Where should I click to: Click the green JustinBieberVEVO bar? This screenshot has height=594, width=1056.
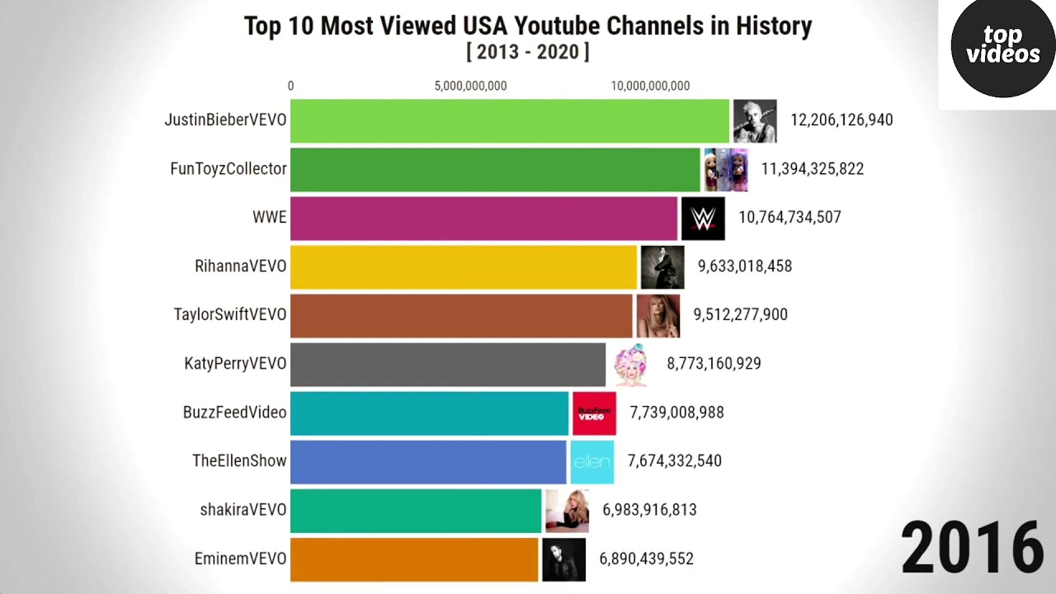510,120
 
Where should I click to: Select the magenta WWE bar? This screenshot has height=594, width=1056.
483,218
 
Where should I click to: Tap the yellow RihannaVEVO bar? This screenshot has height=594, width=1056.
464,266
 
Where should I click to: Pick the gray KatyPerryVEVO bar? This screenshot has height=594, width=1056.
447,364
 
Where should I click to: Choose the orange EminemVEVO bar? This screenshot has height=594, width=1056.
414,559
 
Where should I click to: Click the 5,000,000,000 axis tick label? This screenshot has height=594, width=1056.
470,86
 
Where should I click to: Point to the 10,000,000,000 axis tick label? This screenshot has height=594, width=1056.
650,86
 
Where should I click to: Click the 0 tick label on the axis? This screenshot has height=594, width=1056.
290,86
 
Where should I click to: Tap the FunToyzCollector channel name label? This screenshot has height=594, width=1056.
229,169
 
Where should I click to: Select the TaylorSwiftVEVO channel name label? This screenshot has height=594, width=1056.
230,315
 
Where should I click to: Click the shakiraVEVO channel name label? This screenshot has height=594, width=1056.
243,510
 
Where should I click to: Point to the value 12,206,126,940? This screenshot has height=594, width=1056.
841,120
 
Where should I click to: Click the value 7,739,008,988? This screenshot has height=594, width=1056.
676,412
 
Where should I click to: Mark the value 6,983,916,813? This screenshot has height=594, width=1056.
649,510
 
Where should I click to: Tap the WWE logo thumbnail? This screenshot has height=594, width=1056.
703,219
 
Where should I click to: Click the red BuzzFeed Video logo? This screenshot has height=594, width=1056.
594,413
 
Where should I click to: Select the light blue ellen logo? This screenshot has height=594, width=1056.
592,462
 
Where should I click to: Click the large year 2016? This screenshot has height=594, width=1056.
972,547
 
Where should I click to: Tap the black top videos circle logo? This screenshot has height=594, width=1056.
1002,47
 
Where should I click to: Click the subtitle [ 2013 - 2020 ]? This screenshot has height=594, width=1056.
528,52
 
